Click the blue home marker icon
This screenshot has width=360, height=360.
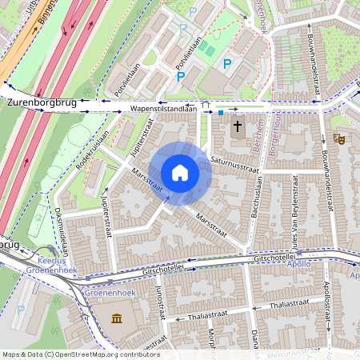click(x=180, y=173)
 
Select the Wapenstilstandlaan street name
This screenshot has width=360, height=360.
click(x=163, y=107)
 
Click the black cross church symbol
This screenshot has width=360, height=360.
click(x=238, y=126)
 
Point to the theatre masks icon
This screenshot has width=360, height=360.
click(x=339, y=138)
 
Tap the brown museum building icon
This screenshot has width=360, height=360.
click(x=118, y=319)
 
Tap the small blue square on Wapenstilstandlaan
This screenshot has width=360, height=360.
click(x=221, y=113)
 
